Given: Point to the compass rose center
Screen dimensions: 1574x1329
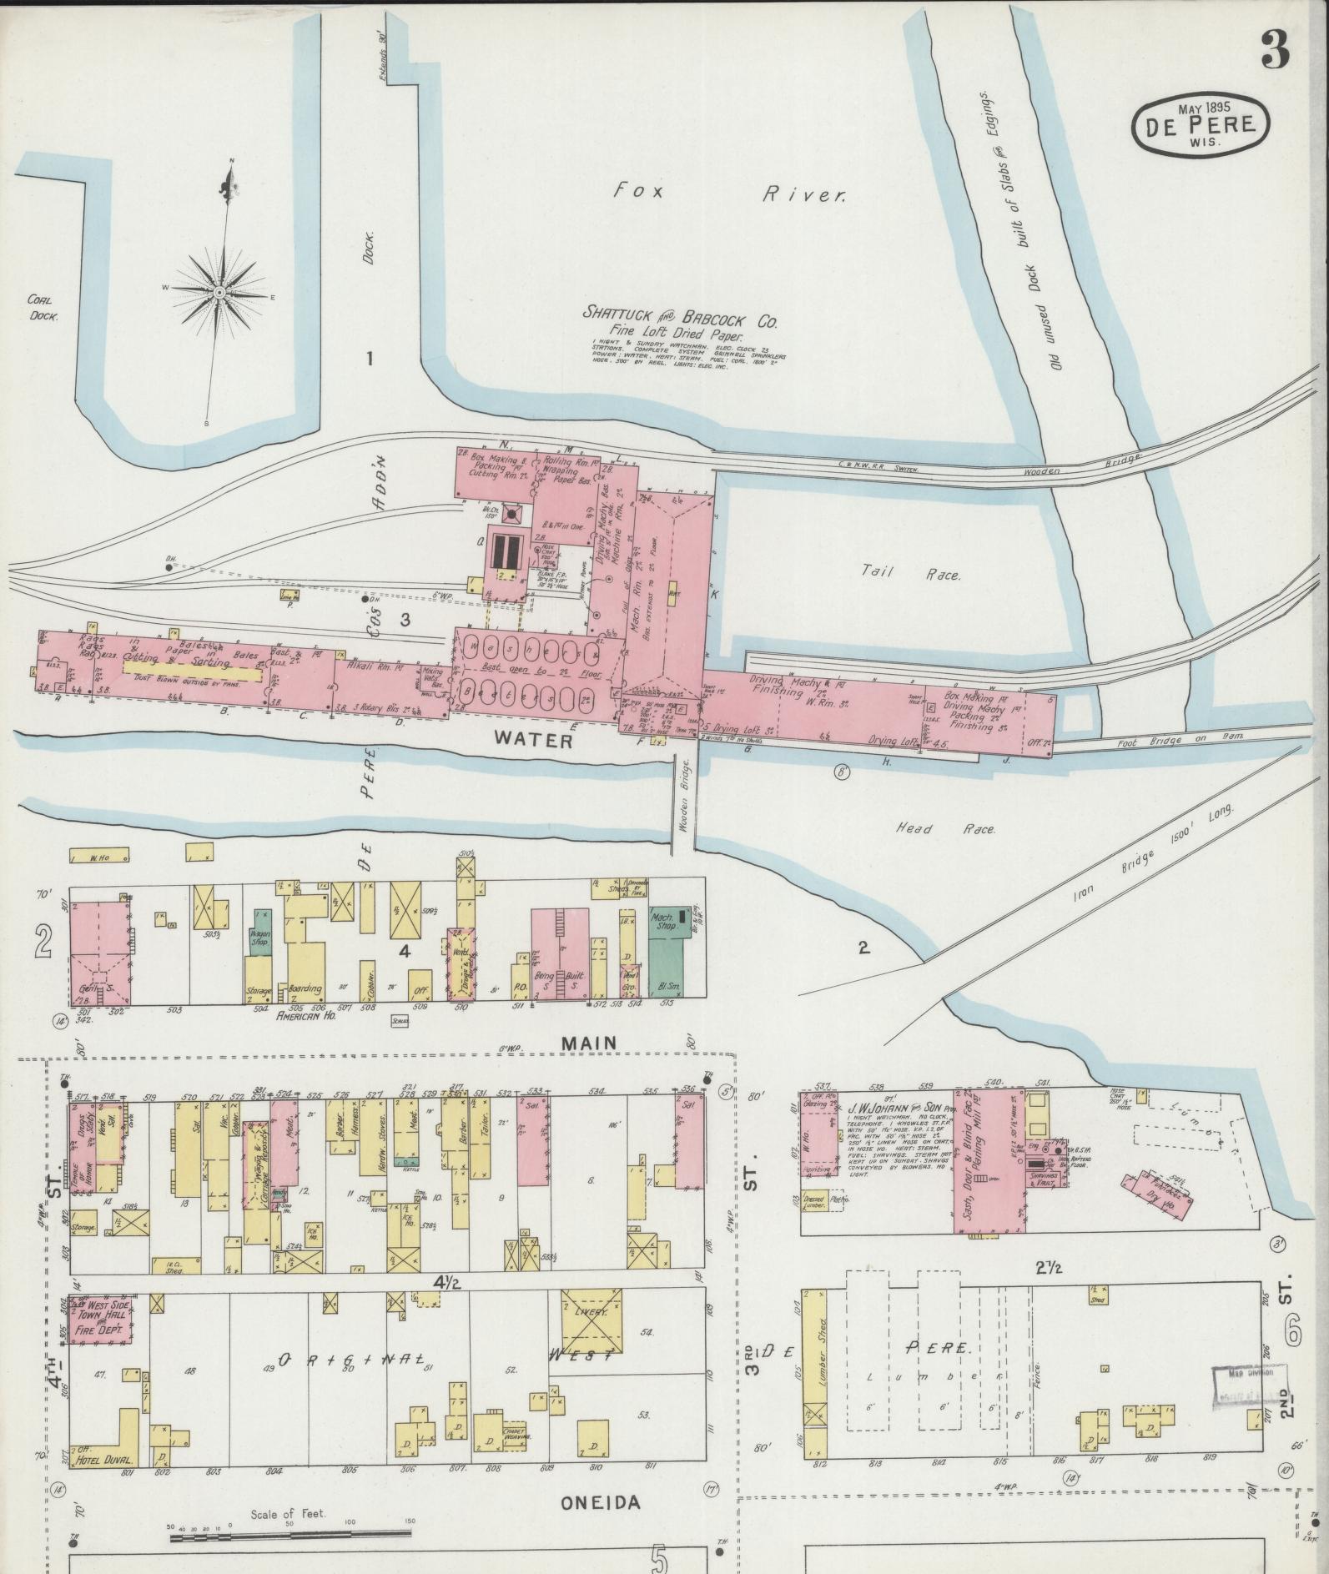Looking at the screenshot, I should tap(219, 292).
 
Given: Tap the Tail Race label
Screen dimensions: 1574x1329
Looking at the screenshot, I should tap(911, 575).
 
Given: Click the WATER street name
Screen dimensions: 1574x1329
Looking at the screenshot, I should tap(532, 738).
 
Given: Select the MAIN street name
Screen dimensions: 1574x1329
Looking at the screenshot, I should tap(589, 1043).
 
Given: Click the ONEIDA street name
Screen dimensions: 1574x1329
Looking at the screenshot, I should tap(600, 1503).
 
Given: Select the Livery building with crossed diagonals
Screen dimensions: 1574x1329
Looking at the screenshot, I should tap(592, 1335).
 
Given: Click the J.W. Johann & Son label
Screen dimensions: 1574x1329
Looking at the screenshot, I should tap(894, 1109).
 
